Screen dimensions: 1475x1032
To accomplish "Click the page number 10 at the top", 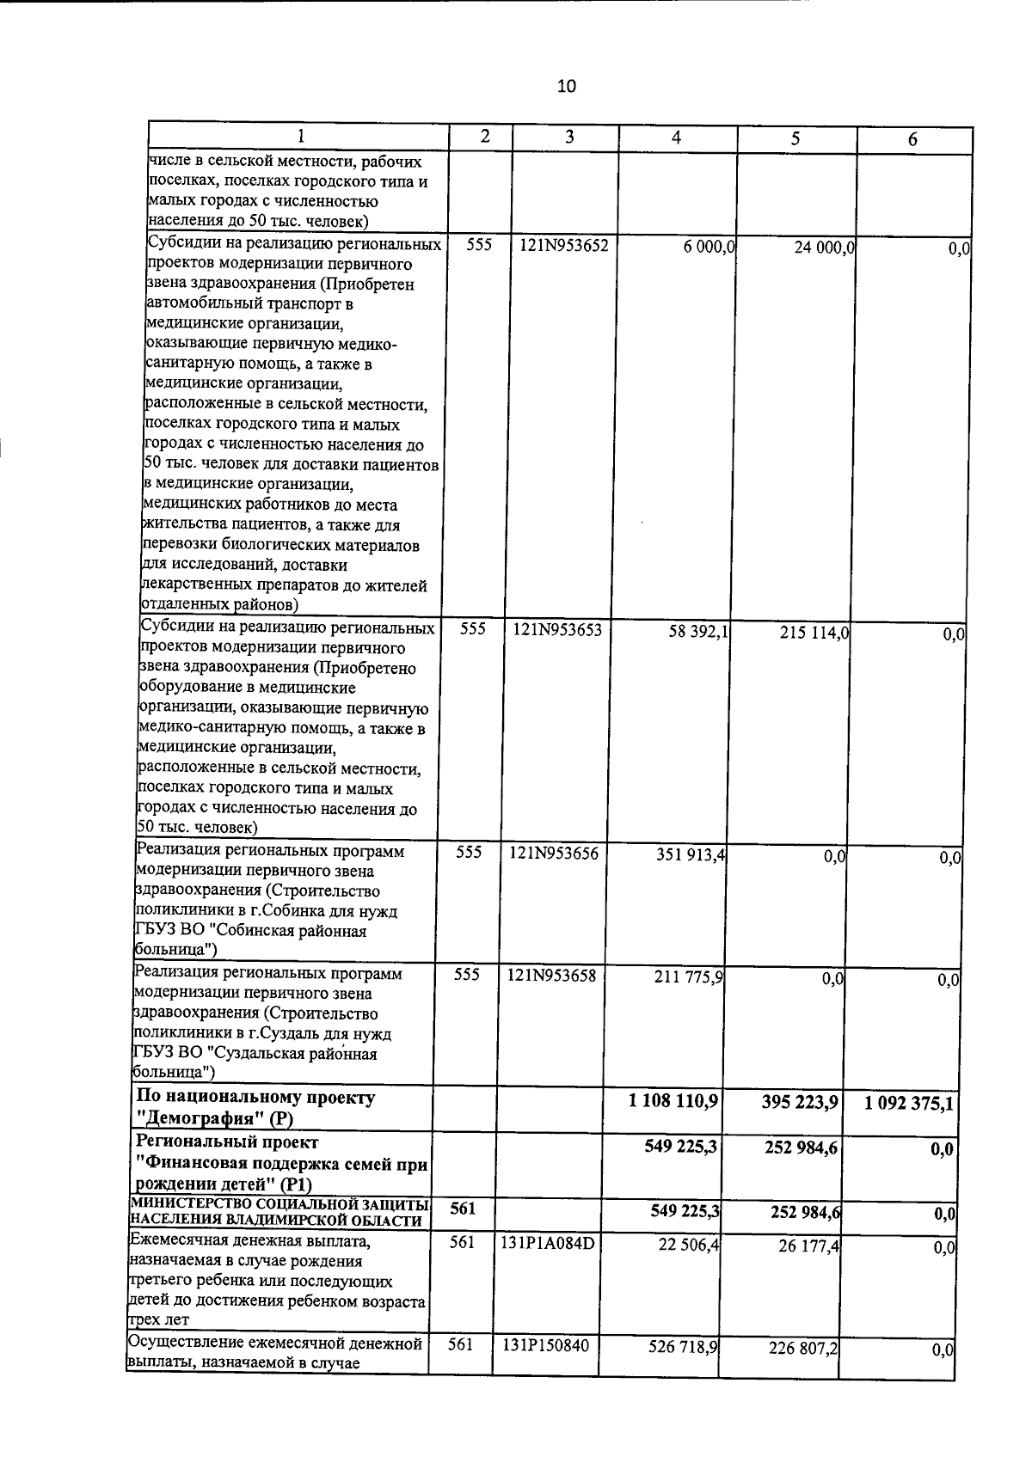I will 567,86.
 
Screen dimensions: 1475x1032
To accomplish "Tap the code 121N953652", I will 564,245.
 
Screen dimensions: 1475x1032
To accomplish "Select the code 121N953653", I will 557,630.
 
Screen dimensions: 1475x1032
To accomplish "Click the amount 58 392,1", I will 698,632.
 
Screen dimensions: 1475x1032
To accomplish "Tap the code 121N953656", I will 553,854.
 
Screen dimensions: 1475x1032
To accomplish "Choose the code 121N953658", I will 551,976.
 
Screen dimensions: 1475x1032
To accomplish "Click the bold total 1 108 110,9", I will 674,1101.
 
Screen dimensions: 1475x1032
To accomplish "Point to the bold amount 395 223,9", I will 799,1103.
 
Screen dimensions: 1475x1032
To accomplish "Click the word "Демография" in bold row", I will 200,1119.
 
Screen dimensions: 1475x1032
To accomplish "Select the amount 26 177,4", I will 808,1245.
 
